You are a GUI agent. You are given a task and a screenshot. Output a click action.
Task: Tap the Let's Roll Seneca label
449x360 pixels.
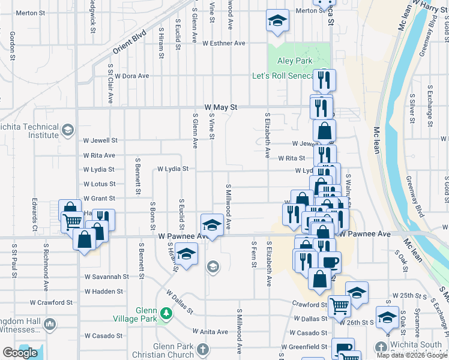(283, 76)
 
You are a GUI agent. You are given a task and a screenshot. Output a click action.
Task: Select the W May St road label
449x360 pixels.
(221, 107)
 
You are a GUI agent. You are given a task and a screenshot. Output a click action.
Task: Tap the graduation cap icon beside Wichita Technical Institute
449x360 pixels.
(68, 129)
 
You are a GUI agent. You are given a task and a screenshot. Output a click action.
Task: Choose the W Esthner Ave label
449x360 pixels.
(224, 43)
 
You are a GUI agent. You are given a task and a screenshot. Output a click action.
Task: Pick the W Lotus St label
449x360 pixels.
(100, 184)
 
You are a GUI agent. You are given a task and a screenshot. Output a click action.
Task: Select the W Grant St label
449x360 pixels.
(100, 198)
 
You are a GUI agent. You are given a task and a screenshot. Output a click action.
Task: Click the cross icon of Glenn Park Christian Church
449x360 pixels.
(203, 348)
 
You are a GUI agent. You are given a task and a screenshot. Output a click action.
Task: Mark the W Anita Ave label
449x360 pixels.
(211, 331)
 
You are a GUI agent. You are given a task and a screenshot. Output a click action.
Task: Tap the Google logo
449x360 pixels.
(20, 353)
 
